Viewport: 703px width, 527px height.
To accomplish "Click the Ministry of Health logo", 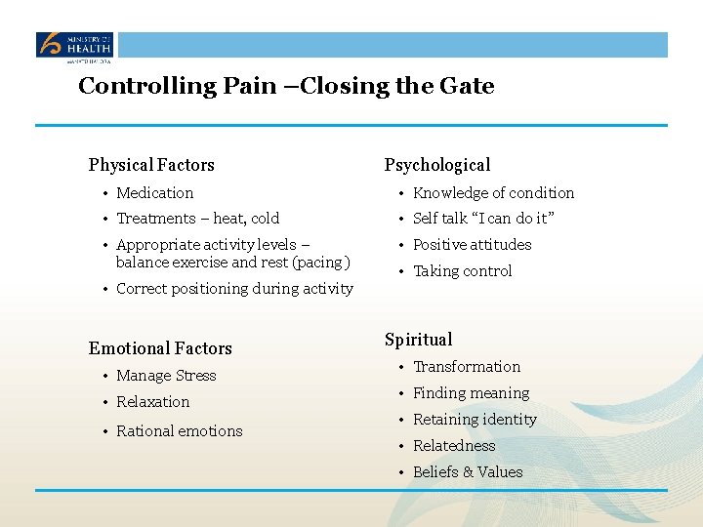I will (75, 46).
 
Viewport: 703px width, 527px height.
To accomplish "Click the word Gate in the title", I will (471, 86).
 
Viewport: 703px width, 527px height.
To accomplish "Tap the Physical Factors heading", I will (151, 165).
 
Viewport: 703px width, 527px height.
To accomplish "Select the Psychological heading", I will (436, 165).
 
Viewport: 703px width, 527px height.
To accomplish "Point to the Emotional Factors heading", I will (160, 348).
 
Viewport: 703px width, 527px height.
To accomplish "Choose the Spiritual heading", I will (418, 340).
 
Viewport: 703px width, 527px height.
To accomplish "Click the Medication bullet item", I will (154, 193).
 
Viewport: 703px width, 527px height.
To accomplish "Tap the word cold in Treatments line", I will (265, 219).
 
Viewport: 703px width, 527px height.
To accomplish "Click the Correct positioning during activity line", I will (234, 289).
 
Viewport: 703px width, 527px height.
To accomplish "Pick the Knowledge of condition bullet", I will (493, 193).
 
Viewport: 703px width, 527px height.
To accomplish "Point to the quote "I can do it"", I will (512, 219).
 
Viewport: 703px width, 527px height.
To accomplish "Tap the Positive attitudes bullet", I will (472, 245).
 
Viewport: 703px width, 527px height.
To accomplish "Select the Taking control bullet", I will (462, 271).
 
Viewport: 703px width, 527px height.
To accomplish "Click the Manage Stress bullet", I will (166, 376).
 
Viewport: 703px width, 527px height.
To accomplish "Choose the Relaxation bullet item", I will (152, 402).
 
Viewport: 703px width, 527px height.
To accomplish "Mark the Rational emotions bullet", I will (179, 431).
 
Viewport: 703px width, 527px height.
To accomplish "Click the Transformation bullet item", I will (467, 367).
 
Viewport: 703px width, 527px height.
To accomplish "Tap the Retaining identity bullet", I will (475, 420).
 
